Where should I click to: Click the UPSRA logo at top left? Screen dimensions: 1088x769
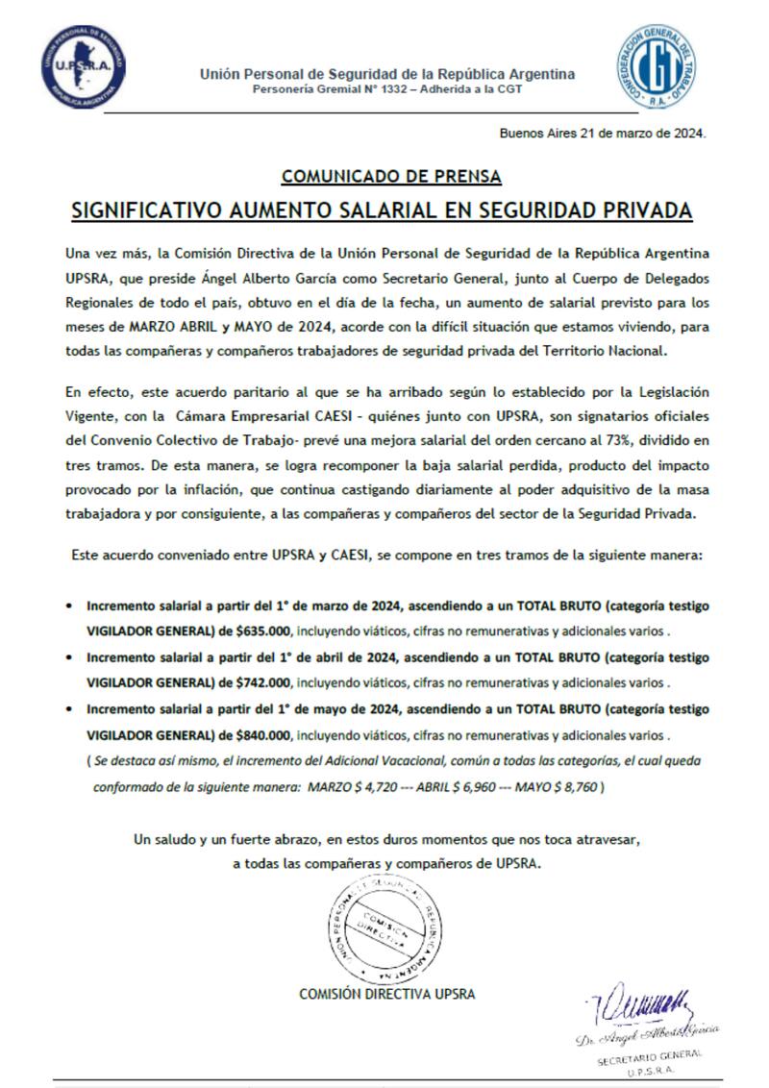point(83,67)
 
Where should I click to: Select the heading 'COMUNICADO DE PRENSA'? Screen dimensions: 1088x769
point(391,177)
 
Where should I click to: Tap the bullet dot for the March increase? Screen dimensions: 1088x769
point(68,606)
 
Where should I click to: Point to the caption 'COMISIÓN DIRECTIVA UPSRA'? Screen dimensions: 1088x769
point(386,995)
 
